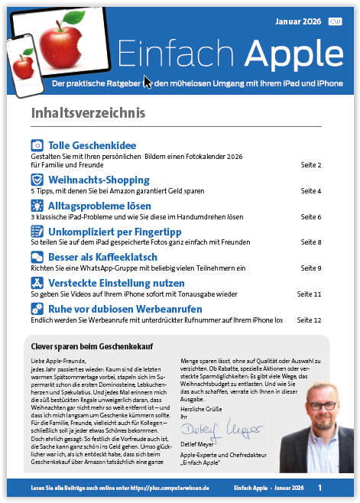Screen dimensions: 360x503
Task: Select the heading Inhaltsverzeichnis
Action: point(88,113)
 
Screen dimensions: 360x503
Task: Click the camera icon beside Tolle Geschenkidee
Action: point(37,145)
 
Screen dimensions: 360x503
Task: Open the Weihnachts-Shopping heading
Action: point(99,180)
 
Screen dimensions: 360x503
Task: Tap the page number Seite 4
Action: point(310,190)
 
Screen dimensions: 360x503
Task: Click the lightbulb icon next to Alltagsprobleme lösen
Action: point(37,206)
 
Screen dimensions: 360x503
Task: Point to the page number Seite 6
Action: point(310,217)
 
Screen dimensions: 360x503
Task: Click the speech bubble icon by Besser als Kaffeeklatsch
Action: point(37,258)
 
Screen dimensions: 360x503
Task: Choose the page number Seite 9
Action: point(310,268)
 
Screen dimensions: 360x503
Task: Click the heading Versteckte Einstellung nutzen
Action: point(115,283)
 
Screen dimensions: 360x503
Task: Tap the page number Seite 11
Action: point(309,294)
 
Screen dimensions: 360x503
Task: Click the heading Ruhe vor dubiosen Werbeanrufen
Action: point(125,309)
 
